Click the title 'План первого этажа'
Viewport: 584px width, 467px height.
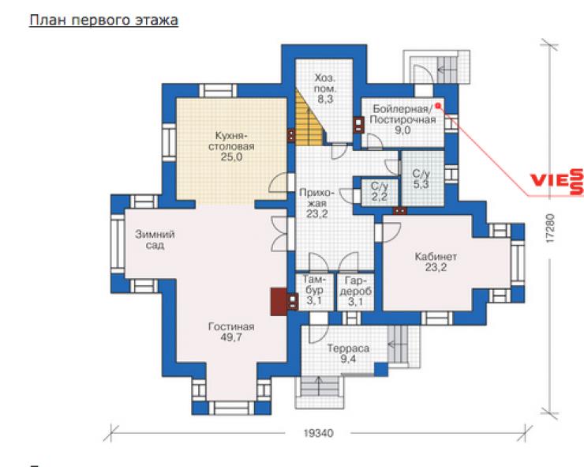tap(103, 21)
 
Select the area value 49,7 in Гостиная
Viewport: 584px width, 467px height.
tap(231, 337)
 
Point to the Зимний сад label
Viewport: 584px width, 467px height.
tap(155, 239)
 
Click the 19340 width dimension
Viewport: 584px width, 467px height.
tap(319, 434)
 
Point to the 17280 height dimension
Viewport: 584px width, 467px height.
tap(551, 228)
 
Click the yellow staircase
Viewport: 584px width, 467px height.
tap(309, 119)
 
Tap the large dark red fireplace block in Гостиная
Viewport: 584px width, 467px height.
tap(279, 301)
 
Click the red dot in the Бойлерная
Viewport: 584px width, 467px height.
tap(438, 106)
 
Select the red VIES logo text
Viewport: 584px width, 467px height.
tap(557, 181)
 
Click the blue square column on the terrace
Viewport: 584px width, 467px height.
tap(380, 369)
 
